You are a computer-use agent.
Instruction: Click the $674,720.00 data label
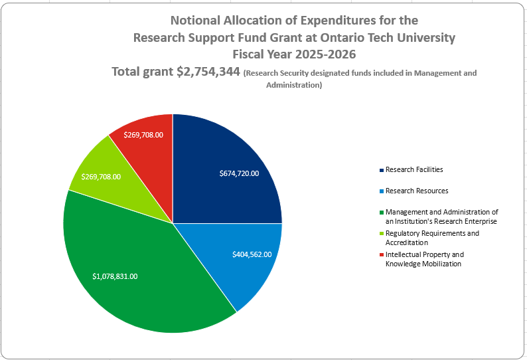point(239,173)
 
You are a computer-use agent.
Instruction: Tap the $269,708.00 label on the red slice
point(143,135)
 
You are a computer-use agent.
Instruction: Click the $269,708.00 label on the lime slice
point(101,177)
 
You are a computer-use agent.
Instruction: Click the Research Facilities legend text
point(414,170)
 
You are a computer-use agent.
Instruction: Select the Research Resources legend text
point(417,191)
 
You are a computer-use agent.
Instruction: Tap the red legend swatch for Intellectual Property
point(381,255)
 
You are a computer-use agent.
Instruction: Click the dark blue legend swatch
point(381,171)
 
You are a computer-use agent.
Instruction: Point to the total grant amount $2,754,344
point(208,72)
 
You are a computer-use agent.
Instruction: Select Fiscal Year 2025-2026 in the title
point(294,54)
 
